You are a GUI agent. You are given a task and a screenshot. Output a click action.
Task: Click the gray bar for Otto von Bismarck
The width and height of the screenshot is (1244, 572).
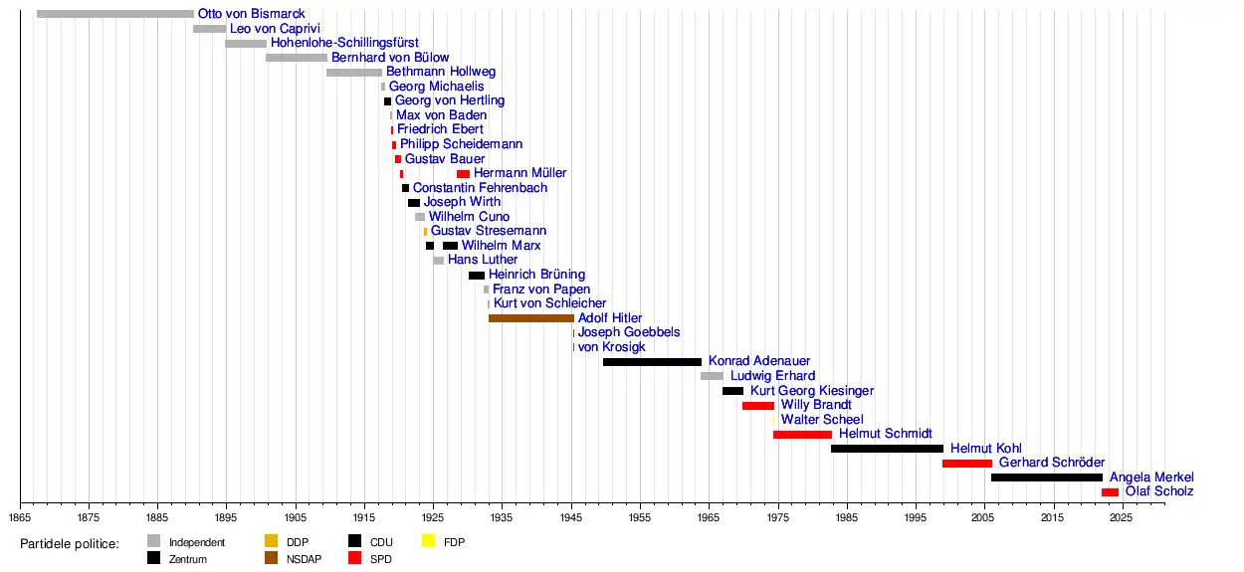[114, 14]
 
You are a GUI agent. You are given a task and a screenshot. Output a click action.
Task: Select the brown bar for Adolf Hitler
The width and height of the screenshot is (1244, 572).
[530, 318]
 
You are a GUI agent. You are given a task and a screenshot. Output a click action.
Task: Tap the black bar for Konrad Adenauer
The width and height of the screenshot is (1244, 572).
[652, 362]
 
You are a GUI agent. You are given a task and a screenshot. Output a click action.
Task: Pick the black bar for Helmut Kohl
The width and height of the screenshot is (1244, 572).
[887, 449]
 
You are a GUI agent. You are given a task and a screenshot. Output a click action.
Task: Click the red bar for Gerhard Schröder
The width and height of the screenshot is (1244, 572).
[966, 464]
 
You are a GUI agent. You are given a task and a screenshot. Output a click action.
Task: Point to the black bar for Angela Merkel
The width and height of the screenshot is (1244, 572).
[1046, 477]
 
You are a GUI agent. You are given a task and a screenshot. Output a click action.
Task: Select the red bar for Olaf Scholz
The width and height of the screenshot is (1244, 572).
[1110, 492]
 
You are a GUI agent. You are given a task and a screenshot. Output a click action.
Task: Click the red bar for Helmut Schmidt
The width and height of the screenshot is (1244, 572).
[802, 435]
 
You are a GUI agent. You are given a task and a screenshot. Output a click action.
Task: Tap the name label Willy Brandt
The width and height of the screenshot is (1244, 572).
[816, 405]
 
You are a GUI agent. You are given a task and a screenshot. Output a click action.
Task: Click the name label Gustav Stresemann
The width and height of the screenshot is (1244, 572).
[488, 231]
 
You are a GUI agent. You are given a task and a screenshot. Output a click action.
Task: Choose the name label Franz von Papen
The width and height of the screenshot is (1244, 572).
[541, 289]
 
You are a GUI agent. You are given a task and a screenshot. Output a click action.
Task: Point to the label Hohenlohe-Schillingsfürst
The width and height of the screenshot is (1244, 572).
[344, 43]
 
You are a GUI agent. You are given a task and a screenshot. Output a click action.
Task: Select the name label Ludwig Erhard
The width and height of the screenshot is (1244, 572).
[772, 376]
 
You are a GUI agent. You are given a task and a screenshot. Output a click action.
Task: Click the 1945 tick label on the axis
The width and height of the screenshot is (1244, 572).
[571, 518]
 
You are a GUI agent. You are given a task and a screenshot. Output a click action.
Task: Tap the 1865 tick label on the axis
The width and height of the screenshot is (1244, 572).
[20, 518]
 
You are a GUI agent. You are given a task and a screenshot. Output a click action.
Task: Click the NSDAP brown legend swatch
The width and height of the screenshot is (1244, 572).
[271, 558]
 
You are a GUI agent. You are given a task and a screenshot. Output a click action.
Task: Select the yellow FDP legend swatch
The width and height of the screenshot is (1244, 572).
[428, 542]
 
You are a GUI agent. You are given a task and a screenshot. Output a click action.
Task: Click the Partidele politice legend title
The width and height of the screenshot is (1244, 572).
[70, 543]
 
